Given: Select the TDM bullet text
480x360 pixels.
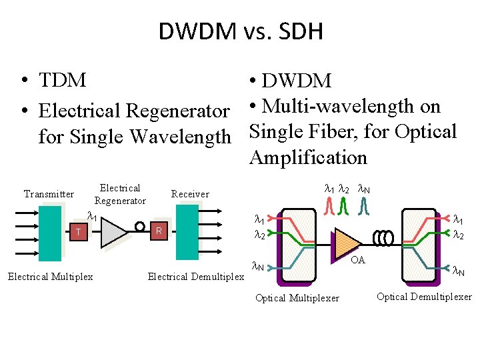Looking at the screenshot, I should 63,80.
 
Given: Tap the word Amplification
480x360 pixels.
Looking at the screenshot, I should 308,157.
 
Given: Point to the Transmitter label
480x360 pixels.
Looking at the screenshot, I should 49,194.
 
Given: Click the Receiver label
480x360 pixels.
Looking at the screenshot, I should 190,194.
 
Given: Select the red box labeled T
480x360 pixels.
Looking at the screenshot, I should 79,232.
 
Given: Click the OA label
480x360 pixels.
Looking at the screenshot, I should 358,260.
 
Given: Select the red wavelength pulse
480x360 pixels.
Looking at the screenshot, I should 330,207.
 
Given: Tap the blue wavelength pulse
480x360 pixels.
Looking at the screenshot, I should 364,207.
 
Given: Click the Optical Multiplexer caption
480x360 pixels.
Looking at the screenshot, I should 297,298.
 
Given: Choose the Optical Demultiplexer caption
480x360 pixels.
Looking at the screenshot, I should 424,297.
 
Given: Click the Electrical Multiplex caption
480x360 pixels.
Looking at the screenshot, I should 50,277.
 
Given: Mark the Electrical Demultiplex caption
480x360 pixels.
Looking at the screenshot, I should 195,277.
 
